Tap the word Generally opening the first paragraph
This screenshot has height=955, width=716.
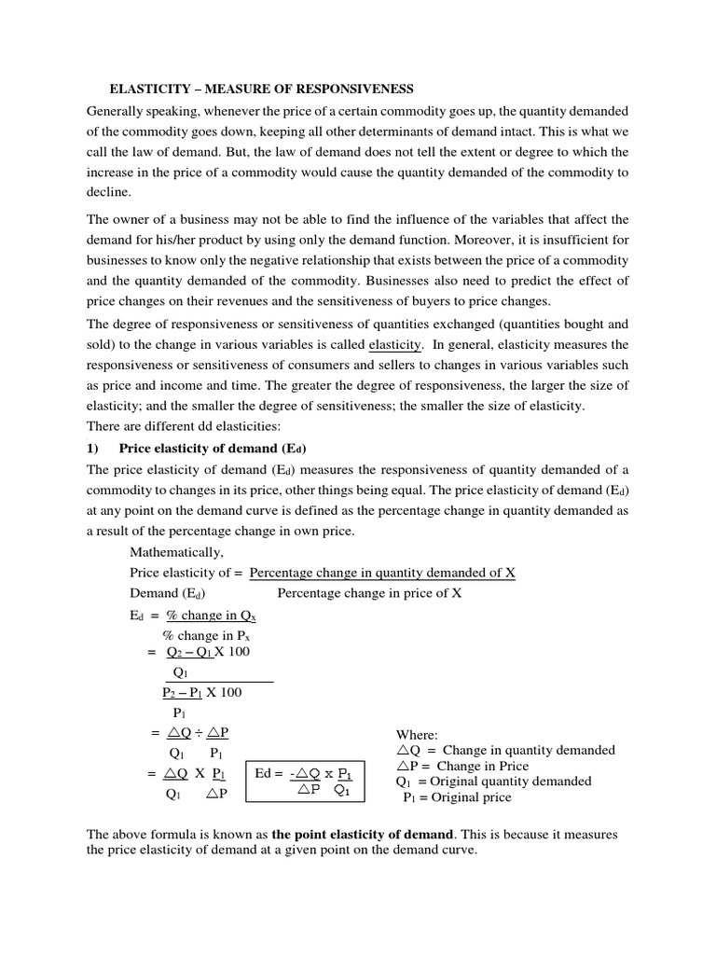(x=114, y=110)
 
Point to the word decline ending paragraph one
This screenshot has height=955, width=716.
(x=108, y=192)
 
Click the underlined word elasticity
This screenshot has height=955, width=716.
(x=395, y=344)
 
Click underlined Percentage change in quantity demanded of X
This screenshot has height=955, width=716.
(x=382, y=573)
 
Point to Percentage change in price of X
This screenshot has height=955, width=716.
(x=369, y=593)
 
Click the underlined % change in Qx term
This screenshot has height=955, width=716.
(x=210, y=616)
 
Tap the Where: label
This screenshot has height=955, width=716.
(x=417, y=735)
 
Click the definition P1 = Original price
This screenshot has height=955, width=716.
(x=457, y=797)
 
